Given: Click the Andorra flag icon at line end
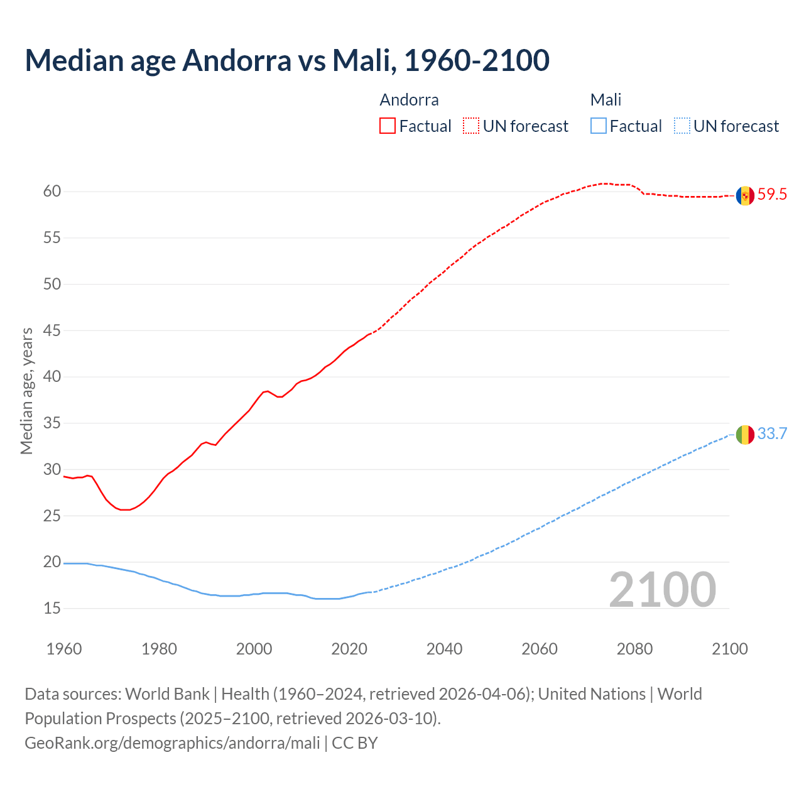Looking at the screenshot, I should pyautogui.click(x=745, y=195).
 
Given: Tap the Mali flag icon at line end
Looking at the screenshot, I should pyautogui.click(x=745, y=434).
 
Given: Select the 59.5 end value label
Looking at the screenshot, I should pyautogui.click(x=772, y=195).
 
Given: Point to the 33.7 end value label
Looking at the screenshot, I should pyautogui.click(x=772, y=434).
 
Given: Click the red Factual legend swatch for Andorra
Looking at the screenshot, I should pyautogui.click(x=388, y=126).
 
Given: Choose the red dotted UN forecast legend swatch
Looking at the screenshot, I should pyautogui.click(x=471, y=126).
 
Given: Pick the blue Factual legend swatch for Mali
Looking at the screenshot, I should pyautogui.click(x=599, y=126).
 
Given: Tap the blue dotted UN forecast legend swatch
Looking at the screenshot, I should pyautogui.click(x=682, y=126).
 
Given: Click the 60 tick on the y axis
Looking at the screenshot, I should pyautogui.click(x=52, y=192).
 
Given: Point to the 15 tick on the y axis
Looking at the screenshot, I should pyautogui.click(x=52, y=609).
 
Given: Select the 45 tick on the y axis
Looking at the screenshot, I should pyautogui.click(x=52, y=330).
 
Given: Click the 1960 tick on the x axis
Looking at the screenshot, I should pyautogui.click(x=64, y=649).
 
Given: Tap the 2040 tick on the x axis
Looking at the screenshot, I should pyautogui.click(x=445, y=649).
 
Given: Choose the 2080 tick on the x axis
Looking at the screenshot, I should pyautogui.click(x=634, y=649).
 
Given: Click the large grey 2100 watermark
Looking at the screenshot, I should pyautogui.click(x=662, y=589).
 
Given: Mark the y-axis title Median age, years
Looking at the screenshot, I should pyautogui.click(x=27, y=391).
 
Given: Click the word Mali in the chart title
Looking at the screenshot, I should pyautogui.click(x=362, y=60).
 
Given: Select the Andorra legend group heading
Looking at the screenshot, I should pyautogui.click(x=409, y=100).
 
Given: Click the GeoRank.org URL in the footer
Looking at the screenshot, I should pyautogui.click(x=172, y=743).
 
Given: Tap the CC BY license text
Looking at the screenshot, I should pyautogui.click(x=355, y=743).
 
